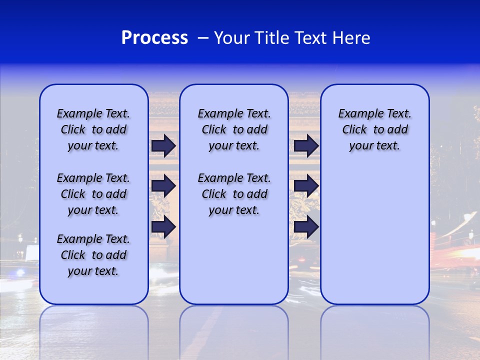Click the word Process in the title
pyautogui.click(x=154, y=38)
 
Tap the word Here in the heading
pyautogui.click(x=352, y=38)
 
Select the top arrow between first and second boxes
pyautogui.click(x=163, y=146)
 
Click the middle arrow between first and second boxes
pyautogui.click(x=163, y=186)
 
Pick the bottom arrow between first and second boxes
pyautogui.click(x=163, y=227)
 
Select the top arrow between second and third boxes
pyautogui.click(x=306, y=146)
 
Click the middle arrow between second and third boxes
pyautogui.click(x=306, y=186)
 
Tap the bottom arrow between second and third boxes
pyautogui.click(x=306, y=227)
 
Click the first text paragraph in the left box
pyautogui.click(x=93, y=129)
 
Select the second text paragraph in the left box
pyautogui.click(x=93, y=194)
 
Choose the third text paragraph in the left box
pyautogui.click(x=93, y=255)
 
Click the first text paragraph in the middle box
pyautogui.click(x=234, y=129)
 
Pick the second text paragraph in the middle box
pyautogui.click(x=234, y=194)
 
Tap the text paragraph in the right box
pyautogui.click(x=374, y=129)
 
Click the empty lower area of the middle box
pyautogui.click(x=234, y=260)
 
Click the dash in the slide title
pyautogui.click(x=203, y=38)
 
